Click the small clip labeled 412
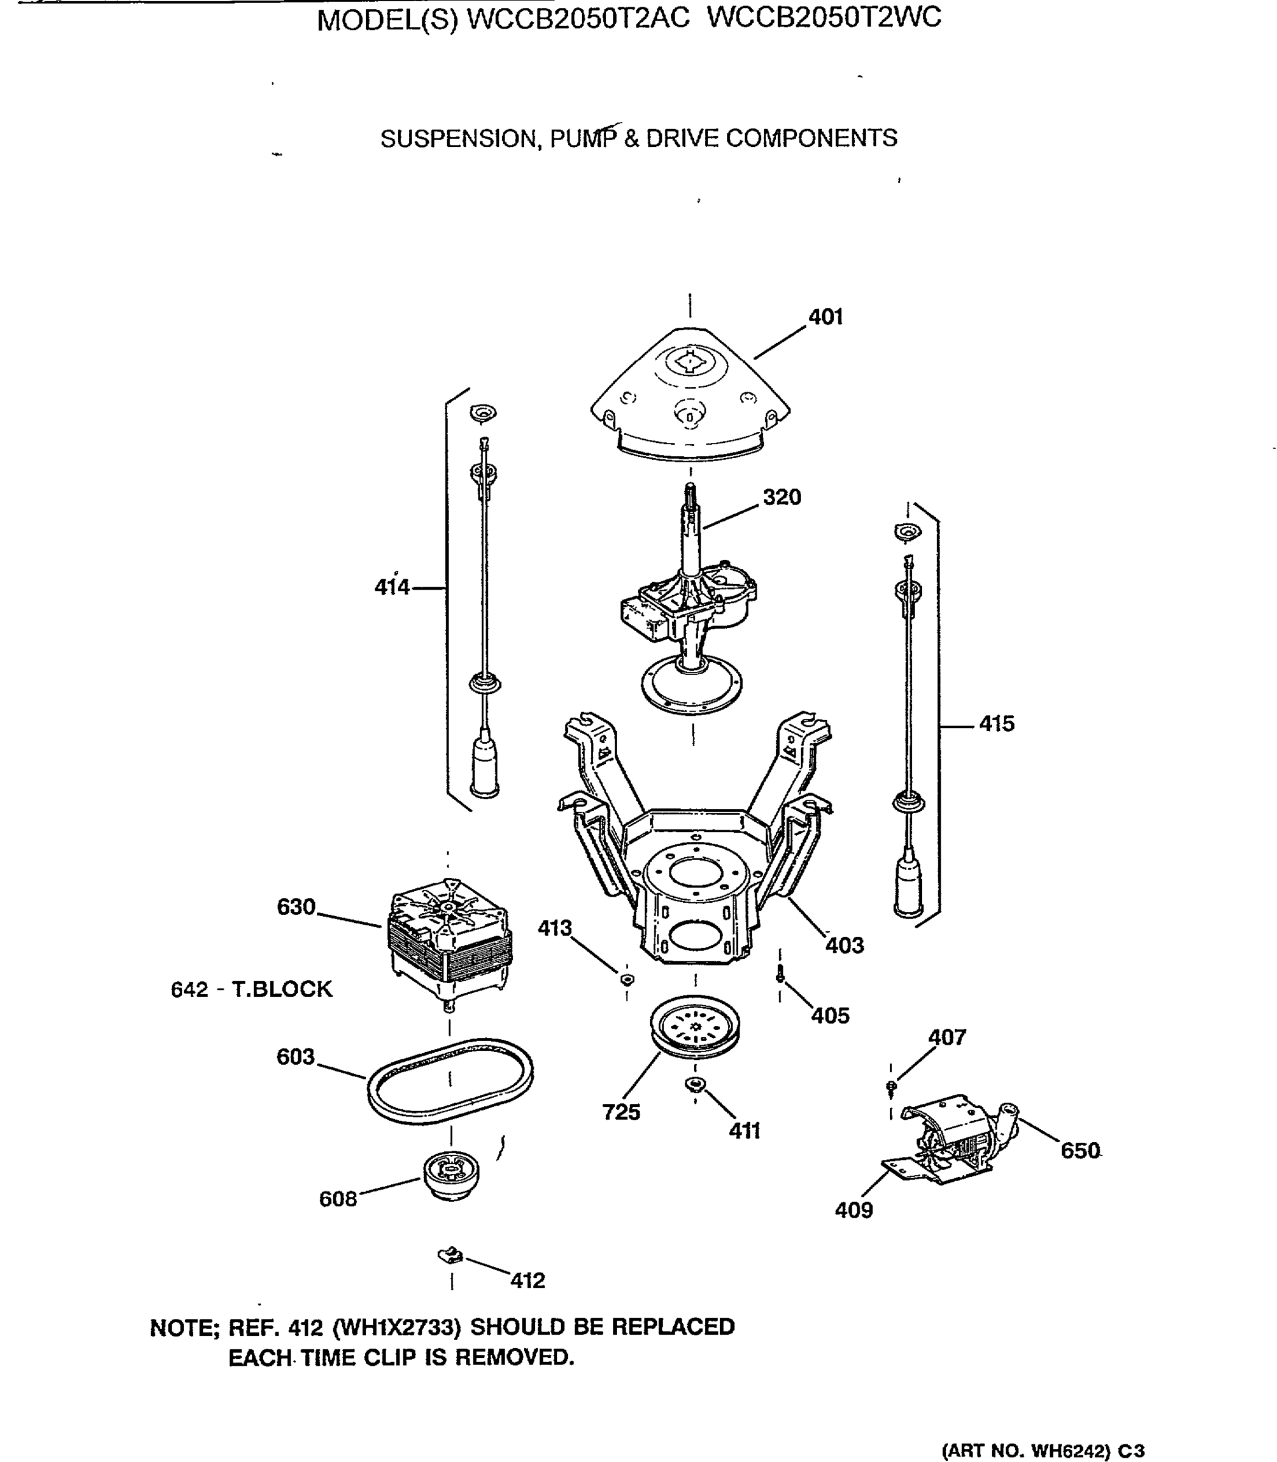[x=450, y=1256]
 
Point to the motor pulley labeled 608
[x=451, y=1176]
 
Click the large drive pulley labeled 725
[x=695, y=1026]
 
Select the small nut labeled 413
[x=626, y=979]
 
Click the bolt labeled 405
[x=780, y=974]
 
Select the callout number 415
[x=996, y=724]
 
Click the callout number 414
[x=392, y=587]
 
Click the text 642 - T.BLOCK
[x=252, y=990]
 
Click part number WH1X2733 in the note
[x=397, y=1327]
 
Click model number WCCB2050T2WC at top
[x=824, y=17]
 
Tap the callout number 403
[x=844, y=945]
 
